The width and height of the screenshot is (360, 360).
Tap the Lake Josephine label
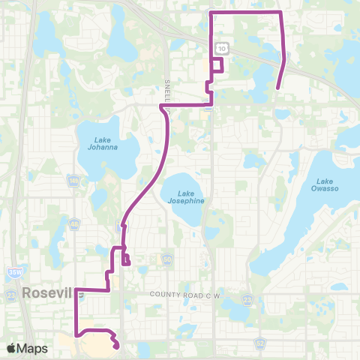pos(182,197)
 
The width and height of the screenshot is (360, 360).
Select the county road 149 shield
pos(73,180)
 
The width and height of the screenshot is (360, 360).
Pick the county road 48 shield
pos(74,224)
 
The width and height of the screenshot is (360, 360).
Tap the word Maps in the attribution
pos(33,348)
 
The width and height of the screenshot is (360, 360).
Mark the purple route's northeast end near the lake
pos(277,88)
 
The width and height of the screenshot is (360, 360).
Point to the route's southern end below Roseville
pos(118,346)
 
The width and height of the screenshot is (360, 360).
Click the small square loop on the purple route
pos(217,65)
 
